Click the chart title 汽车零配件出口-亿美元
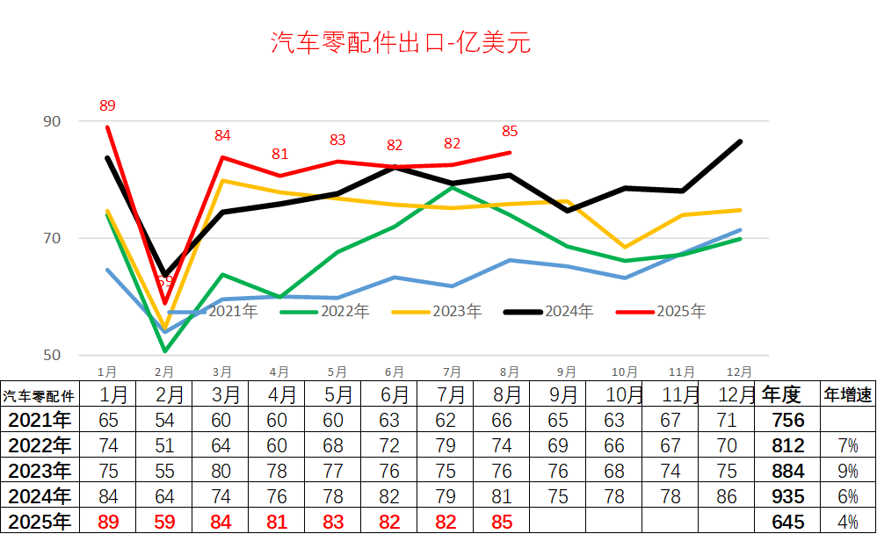(x=401, y=43)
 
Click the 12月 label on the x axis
(x=739, y=372)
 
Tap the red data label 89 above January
(x=107, y=106)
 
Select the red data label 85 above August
(x=510, y=132)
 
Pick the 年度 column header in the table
(x=780, y=394)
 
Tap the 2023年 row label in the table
(x=39, y=471)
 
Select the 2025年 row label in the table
(x=39, y=522)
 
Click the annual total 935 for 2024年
(x=787, y=496)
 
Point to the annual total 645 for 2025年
(x=787, y=522)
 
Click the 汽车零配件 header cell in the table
(x=39, y=395)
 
